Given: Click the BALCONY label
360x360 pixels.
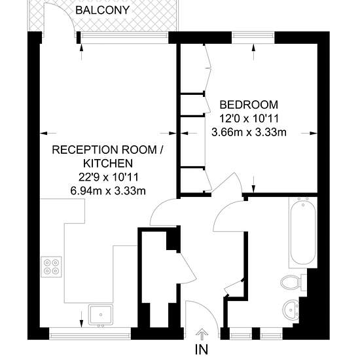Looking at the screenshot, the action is pos(102,10).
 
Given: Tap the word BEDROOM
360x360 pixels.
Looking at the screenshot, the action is pos(249,105).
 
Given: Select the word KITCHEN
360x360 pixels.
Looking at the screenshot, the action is pos(108,163).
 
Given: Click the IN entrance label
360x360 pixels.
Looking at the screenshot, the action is pos(202,350).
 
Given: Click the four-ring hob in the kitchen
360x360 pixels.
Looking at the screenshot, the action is pos(52,266).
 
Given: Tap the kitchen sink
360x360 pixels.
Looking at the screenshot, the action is pos(101,315).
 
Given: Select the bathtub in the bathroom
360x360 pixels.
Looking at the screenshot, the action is pos(303,232).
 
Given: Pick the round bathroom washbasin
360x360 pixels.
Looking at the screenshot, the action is pos(291,310).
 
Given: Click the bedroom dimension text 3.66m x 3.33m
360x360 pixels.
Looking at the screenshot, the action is pos(249,132).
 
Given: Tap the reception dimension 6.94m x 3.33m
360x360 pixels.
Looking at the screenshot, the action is pos(108,190).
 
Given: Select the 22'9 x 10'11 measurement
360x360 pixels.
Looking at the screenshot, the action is pos(109,177).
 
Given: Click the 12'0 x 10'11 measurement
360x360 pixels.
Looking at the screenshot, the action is pos(249,118).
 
